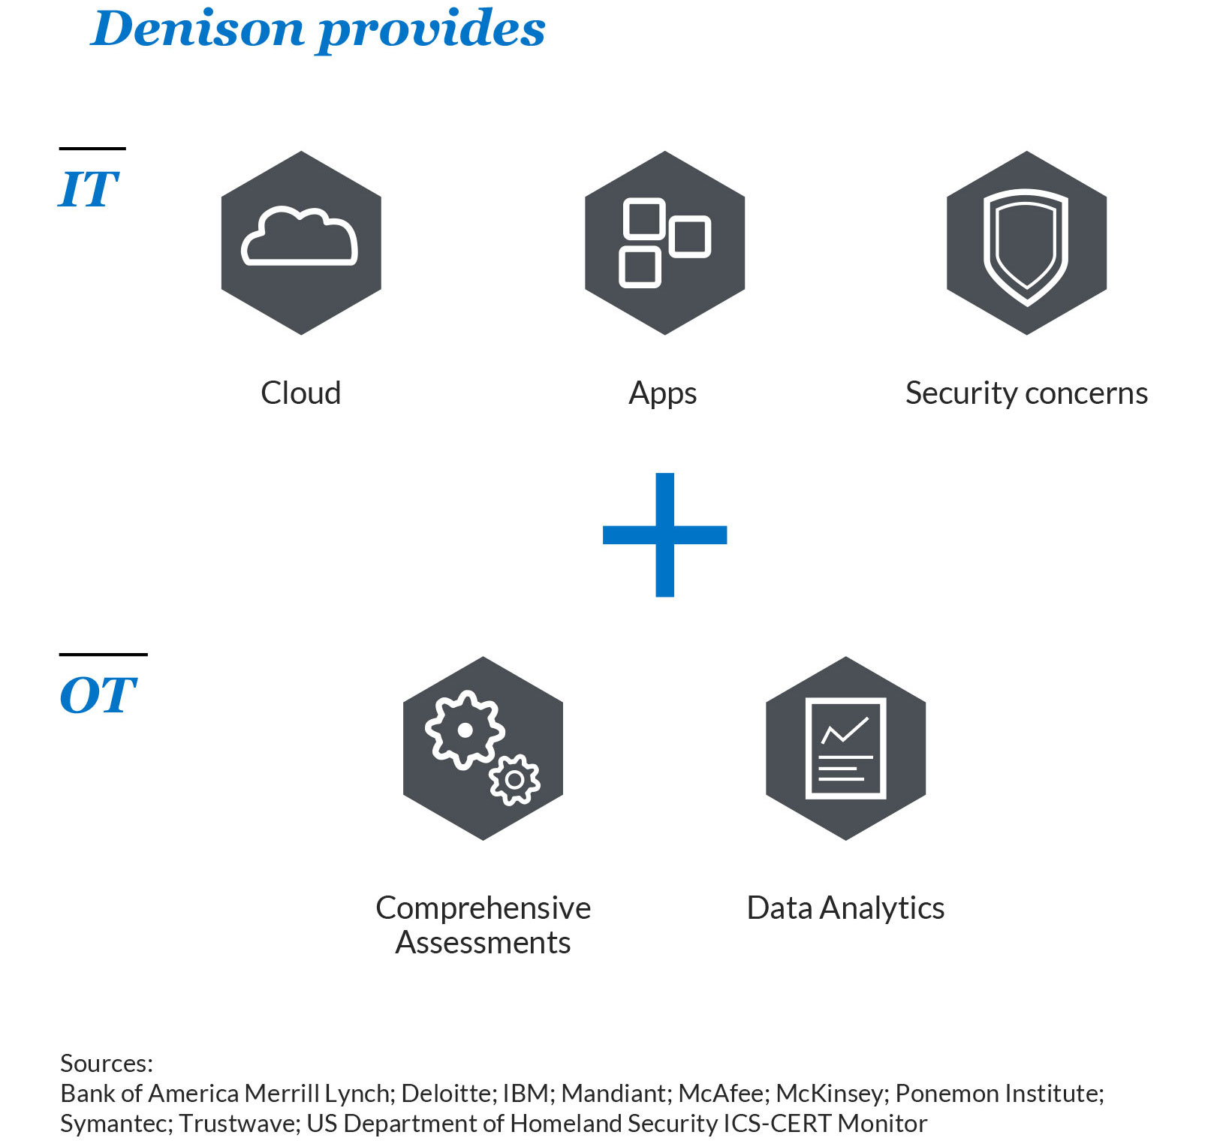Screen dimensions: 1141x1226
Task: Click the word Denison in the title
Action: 197,29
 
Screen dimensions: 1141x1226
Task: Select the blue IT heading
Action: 89,188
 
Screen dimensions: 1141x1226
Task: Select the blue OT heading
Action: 98,695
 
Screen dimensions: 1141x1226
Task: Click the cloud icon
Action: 300,237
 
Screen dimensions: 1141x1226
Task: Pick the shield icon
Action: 1026,245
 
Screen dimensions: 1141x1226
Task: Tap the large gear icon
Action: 465,729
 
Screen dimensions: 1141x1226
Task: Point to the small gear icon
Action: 514,780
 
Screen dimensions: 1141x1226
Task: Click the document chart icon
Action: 845,748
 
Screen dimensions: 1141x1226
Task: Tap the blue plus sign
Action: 664,534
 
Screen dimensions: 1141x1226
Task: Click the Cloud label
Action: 300,393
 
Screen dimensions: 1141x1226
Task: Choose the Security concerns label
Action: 1026,393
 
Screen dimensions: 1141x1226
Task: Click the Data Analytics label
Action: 845,908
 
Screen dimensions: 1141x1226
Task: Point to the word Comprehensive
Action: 483,908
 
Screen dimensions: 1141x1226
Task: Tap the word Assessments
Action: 483,943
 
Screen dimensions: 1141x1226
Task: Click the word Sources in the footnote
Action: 106,1063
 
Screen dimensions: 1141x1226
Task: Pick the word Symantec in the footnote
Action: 116,1123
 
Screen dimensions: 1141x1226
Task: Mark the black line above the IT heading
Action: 92,149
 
